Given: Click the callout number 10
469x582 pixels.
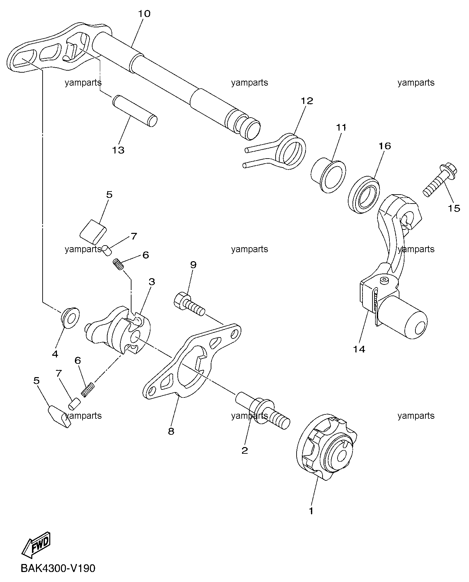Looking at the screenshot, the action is (144, 14).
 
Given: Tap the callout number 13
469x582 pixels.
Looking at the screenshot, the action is (118, 150).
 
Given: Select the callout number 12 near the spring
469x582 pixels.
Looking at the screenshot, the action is (307, 101).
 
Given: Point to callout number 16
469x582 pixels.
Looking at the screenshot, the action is (384, 146).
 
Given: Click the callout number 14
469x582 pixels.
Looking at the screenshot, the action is (359, 349).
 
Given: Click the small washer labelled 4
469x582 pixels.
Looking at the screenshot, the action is (71, 317).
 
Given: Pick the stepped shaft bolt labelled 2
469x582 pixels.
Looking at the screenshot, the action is (263, 411).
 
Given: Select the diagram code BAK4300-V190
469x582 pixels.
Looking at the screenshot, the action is (58, 568).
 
